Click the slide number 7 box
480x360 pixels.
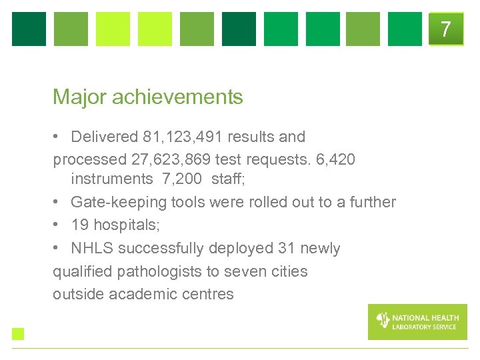point(446,29)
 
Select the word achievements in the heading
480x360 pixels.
point(177,97)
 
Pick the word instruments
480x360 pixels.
point(111,179)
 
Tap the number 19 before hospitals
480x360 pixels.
point(80,225)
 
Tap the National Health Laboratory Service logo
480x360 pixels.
point(417,321)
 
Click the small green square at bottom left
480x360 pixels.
point(18,333)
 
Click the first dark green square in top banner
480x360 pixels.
point(29,29)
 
